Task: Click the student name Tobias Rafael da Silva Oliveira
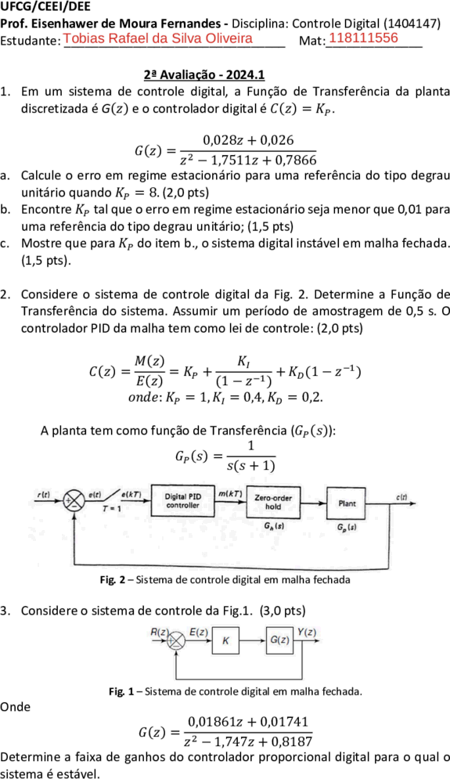158,38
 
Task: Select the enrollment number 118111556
364,38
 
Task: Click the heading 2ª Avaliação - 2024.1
204,74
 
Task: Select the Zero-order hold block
273,503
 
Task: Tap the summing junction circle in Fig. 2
75,500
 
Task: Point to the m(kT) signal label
230,493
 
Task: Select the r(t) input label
44,494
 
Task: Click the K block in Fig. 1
225,641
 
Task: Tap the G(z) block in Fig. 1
280,640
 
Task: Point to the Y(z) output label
307,632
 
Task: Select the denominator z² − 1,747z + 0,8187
247,742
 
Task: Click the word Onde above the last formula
16,706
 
